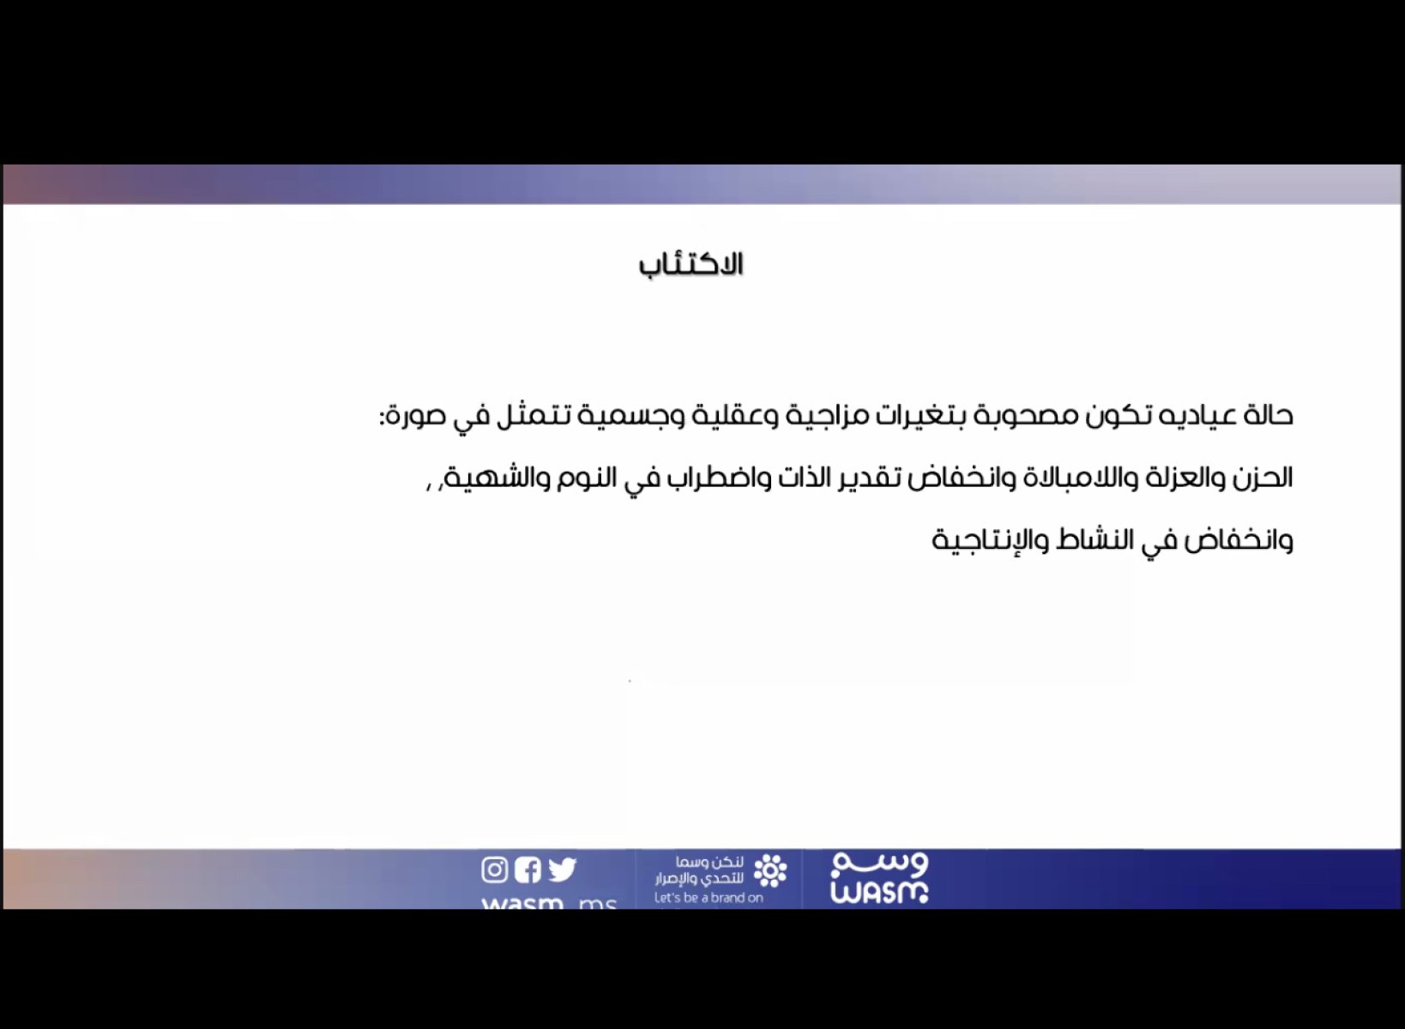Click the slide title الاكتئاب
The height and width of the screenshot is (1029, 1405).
tap(690, 265)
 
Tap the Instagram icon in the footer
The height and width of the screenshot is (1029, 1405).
tap(494, 870)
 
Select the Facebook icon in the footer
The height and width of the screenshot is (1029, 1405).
tap(528, 870)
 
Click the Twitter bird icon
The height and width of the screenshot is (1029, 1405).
tap(562, 870)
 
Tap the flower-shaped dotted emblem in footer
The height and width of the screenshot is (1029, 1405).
tap(770, 870)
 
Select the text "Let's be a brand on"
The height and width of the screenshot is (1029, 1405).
tap(709, 898)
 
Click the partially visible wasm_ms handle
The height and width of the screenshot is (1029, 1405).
tap(550, 902)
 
